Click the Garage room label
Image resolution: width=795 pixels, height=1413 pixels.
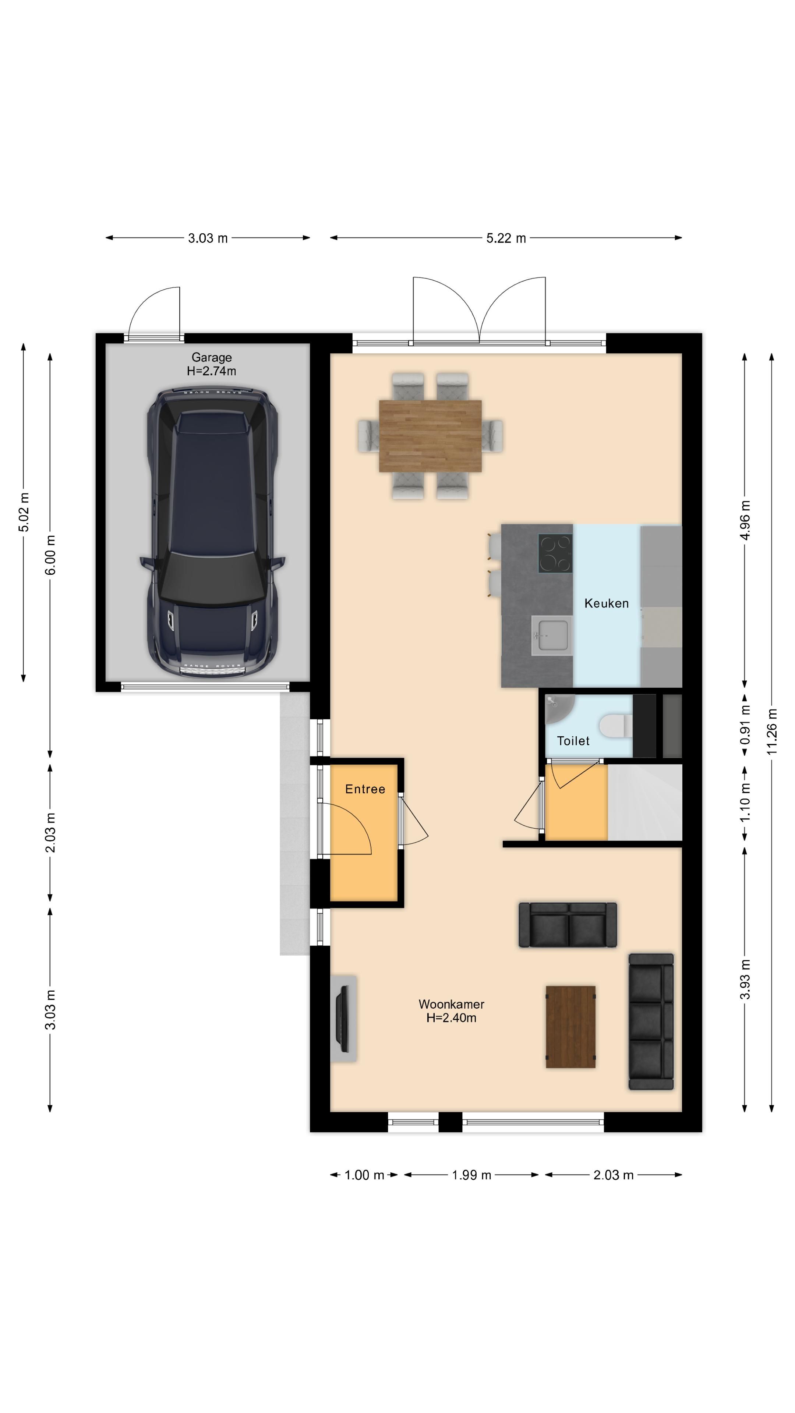point(211,358)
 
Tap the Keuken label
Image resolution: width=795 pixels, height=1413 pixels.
point(606,603)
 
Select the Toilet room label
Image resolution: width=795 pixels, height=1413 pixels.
point(573,741)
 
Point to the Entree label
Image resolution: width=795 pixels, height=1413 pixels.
point(365,789)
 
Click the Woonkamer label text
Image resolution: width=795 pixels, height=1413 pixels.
point(451,1004)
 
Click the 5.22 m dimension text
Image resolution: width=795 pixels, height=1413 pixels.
point(506,238)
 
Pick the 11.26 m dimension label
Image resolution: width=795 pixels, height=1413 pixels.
point(772,731)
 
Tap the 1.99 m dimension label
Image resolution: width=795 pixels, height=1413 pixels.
point(471,1175)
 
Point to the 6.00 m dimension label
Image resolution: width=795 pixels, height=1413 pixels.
point(50,555)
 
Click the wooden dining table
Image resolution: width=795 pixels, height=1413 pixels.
point(430,436)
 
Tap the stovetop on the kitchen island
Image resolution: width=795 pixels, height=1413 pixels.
point(555,553)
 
